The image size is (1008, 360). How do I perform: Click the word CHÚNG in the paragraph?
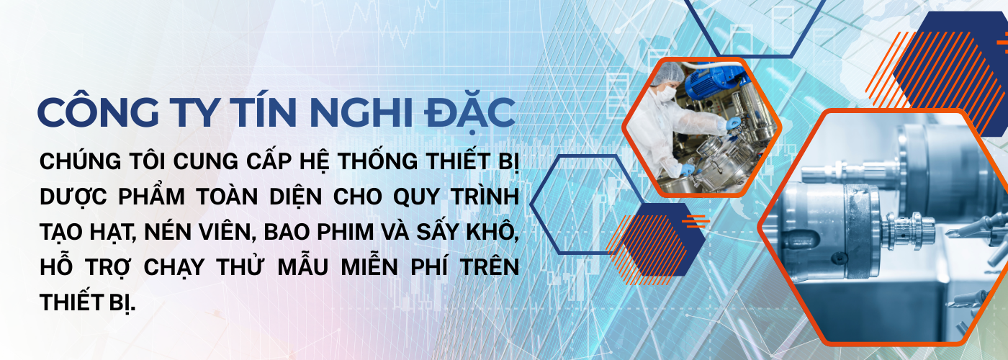pyautogui.click(x=81, y=161)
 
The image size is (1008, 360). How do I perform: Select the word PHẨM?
pyautogui.click(x=152, y=197)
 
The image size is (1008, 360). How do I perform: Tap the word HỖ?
pyautogui.click(x=56, y=267)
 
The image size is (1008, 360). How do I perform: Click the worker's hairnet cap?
pyautogui.click(x=668, y=72)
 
